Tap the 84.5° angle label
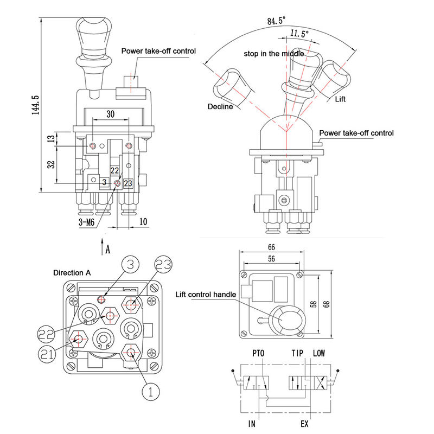pos(277,22)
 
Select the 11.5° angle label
pos(299,34)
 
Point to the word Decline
pos(220,106)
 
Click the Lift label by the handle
pos(340,99)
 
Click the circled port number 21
pos(47,354)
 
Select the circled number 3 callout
pos(127,266)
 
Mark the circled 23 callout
pos(166,265)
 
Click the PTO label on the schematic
pos(258,353)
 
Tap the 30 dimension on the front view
pos(111,114)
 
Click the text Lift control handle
pos(206,295)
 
